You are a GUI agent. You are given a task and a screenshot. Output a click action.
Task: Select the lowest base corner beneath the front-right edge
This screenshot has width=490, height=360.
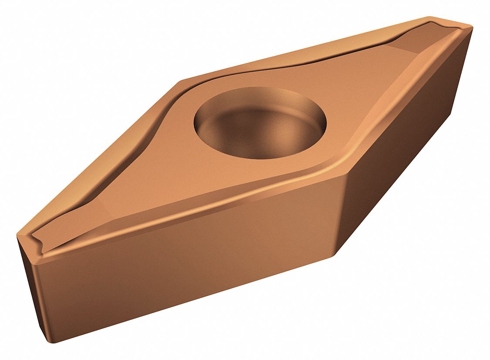pyautogui.click(x=338, y=255)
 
